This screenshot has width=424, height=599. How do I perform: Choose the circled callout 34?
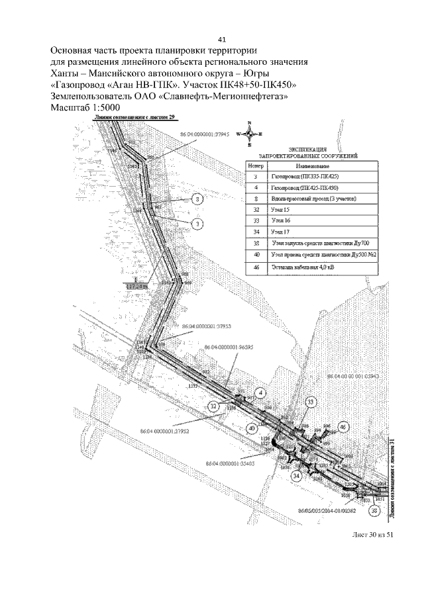[x=297, y=475]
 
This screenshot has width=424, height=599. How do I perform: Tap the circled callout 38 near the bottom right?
[x=375, y=510]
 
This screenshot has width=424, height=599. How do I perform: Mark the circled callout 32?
[x=214, y=406]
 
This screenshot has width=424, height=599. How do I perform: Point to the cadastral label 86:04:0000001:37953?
[x=206, y=326]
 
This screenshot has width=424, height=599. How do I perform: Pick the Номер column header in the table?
[x=255, y=165]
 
